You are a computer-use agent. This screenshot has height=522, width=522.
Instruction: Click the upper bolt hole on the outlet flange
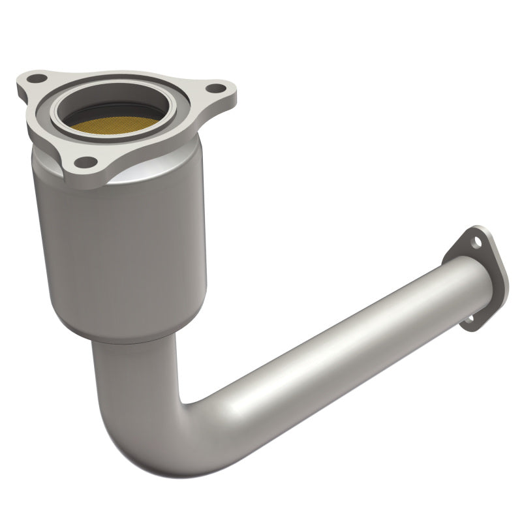tap(478, 241)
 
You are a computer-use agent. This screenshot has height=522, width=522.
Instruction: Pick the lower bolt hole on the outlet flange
tap(468, 320)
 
